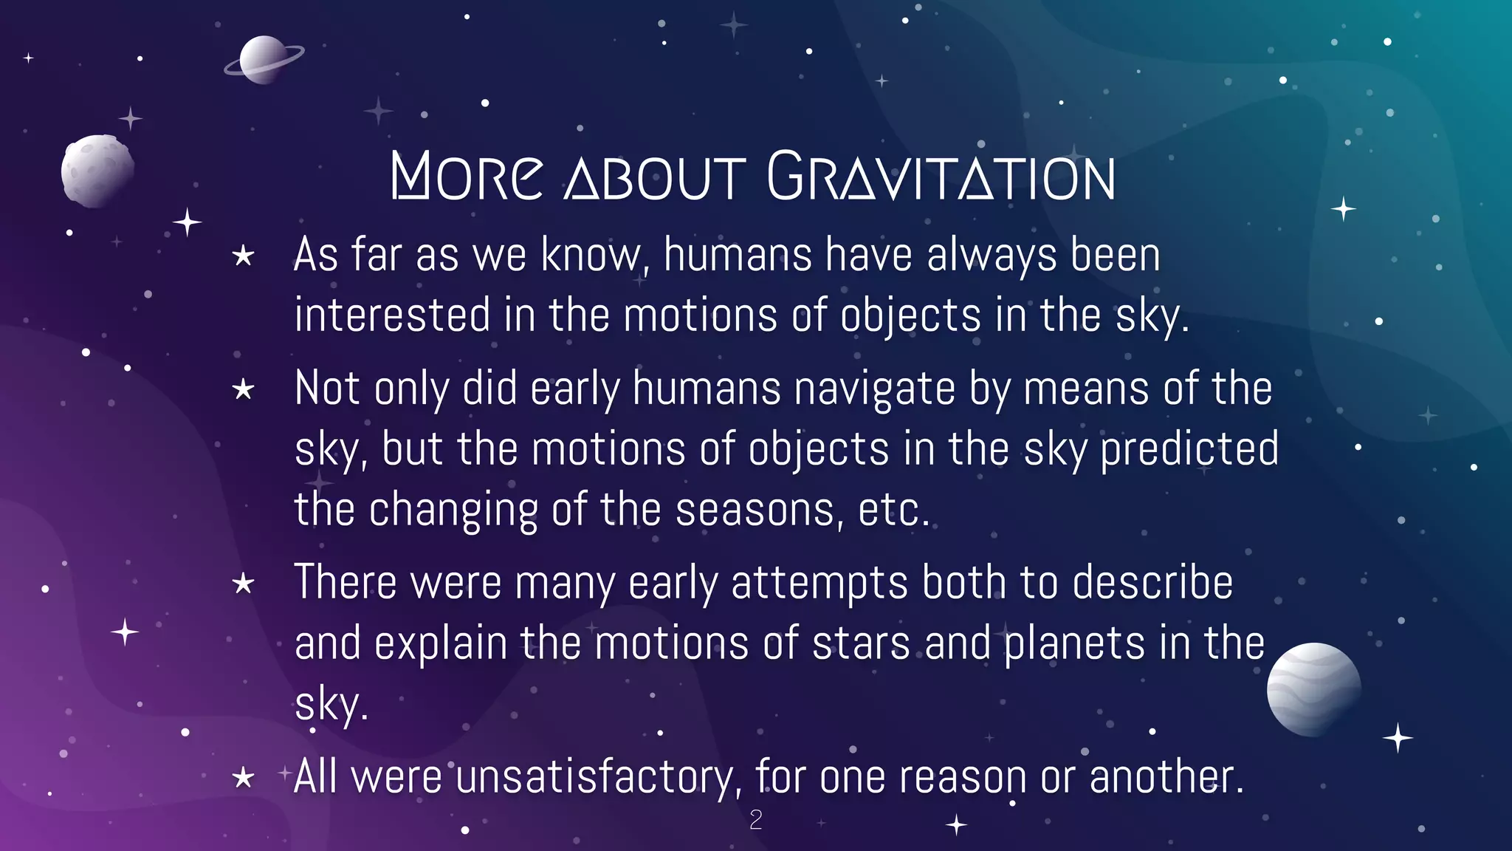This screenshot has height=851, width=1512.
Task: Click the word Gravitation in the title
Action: [941, 177]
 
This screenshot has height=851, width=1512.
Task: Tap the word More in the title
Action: [467, 177]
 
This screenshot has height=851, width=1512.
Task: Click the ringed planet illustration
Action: [264, 60]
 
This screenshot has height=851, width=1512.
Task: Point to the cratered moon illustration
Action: [97, 171]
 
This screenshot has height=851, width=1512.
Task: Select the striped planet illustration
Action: [1313, 689]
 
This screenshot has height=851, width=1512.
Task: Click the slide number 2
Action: [755, 820]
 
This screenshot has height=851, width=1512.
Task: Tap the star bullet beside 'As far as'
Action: [243, 257]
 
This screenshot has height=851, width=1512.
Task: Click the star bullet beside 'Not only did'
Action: [243, 389]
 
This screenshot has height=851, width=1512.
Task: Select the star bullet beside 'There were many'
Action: [243, 584]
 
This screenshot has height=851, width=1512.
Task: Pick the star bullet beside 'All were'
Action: [243, 778]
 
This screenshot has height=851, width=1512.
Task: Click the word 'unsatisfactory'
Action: [596, 778]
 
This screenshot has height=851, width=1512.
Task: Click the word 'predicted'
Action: [1189, 449]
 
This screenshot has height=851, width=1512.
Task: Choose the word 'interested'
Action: [392, 315]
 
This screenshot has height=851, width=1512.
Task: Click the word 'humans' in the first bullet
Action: [737, 256]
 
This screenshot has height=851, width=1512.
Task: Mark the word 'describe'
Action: [1152, 583]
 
